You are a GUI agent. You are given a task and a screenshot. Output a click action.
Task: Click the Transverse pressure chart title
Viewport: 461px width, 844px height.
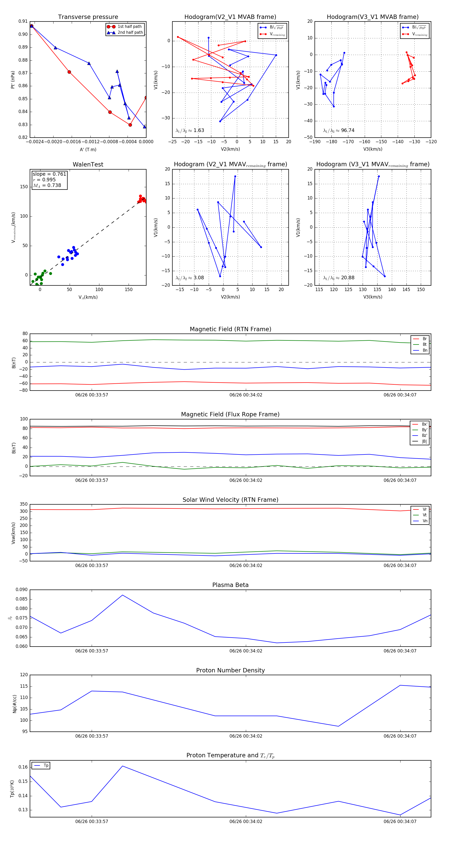coord(88,17)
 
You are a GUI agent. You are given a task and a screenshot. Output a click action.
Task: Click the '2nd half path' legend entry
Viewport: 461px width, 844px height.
coord(130,32)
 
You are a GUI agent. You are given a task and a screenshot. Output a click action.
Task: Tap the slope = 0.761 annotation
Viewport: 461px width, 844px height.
coord(49,174)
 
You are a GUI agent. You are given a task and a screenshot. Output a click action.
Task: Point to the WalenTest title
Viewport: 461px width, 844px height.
coord(88,164)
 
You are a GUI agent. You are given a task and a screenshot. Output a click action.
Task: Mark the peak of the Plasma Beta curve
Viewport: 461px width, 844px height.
coord(122,595)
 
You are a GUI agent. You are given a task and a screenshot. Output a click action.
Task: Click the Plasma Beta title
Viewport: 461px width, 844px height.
coord(230,585)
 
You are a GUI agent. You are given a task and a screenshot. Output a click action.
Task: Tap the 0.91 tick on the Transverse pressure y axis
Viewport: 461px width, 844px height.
coord(23,21)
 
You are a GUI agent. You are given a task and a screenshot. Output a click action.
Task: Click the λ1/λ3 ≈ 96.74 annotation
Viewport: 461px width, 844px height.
coord(339,130)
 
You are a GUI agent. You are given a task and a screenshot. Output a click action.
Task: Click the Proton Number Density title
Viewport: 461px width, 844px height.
coord(230,670)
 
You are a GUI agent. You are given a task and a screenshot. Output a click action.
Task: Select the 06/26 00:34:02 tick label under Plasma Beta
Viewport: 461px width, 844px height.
coord(246,651)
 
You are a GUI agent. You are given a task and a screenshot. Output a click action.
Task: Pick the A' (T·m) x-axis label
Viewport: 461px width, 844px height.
coord(88,150)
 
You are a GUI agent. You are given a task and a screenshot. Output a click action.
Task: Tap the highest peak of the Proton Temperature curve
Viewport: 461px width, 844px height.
coord(122,766)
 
